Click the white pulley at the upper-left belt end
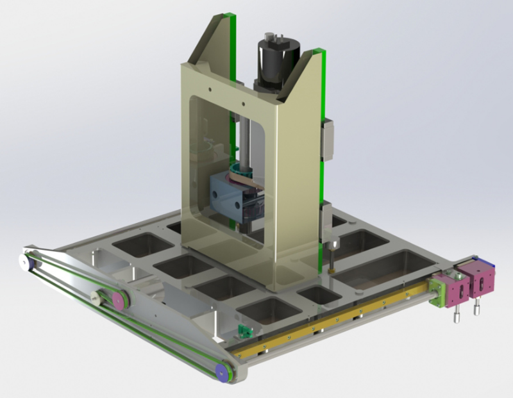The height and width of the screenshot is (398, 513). pyautogui.click(x=24, y=261)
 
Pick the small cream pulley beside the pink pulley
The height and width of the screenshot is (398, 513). pyautogui.click(x=97, y=295)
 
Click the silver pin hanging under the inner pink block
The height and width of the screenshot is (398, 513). pyautogui.click(x=457, y=316)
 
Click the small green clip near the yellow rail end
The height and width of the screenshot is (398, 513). pyautogui.click(x=244, y=331)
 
